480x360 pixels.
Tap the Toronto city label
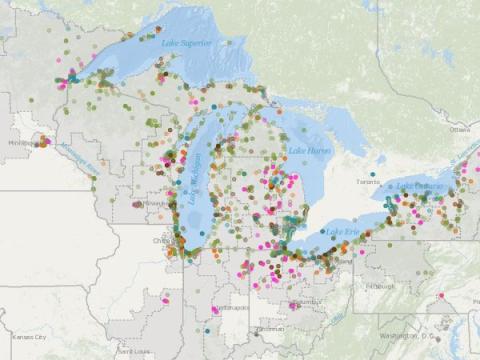tap(369, 183)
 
